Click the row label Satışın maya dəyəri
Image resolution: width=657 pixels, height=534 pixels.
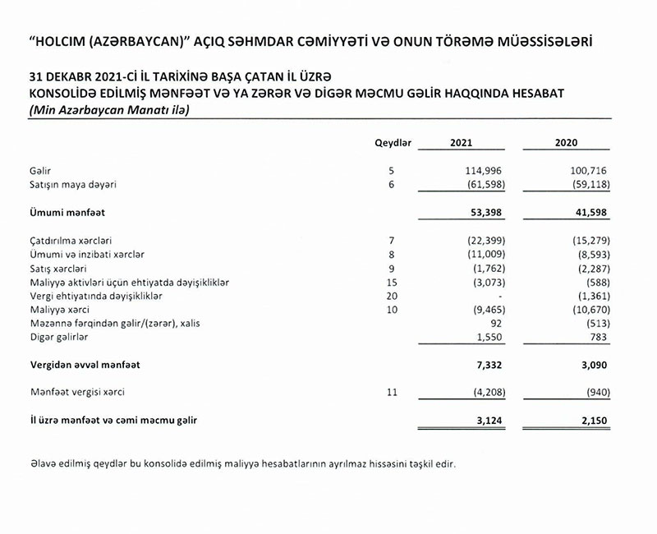pos(72,184)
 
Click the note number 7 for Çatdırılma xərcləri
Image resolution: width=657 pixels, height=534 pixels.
pos(392,239)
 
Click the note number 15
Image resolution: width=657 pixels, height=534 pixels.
pos(392,282)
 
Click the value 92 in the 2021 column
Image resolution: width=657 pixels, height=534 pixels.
pos(489,324)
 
